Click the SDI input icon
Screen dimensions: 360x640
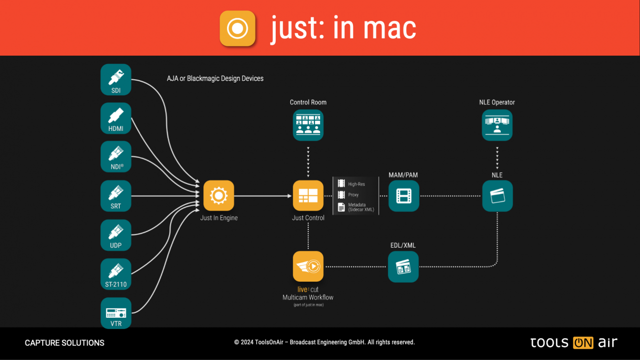[116, 79]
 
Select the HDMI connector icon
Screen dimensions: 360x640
[116, 118]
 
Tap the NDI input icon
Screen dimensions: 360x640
[116, 157]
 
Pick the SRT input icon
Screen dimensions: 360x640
[116, 196]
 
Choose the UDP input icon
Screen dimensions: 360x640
[116, 234]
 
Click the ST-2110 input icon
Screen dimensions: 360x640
[116, 273]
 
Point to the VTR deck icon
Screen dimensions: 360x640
[116, 312]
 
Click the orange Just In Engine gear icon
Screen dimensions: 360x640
[219, 196]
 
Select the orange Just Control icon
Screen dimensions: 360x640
[308, 196]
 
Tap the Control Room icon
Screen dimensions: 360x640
[308, 125]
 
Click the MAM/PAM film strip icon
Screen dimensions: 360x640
[404, 196]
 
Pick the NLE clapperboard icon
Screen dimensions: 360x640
[497, 196]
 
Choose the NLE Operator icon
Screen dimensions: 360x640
[497, 125]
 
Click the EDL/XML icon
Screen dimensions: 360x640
[403, 266]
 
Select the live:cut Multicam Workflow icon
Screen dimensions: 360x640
[308, 266]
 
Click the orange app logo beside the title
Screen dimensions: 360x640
[237, 28]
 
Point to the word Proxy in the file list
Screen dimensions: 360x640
[353, 195]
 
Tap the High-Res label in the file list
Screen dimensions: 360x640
[356, 184]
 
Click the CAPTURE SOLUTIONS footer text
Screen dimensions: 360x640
[64, 343]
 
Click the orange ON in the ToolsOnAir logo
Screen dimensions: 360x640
[583, 343]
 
